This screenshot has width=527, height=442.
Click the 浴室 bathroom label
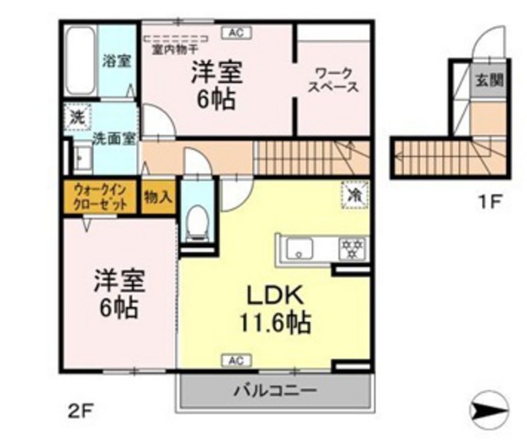116,61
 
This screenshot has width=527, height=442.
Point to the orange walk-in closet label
100,196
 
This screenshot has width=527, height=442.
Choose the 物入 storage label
158,196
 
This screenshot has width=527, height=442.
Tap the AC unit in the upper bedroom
236,33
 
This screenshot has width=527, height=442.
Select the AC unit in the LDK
235,361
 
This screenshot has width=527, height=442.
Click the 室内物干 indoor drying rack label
175,50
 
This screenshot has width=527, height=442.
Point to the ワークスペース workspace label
333,80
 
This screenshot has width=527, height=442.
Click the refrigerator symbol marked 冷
355,195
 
